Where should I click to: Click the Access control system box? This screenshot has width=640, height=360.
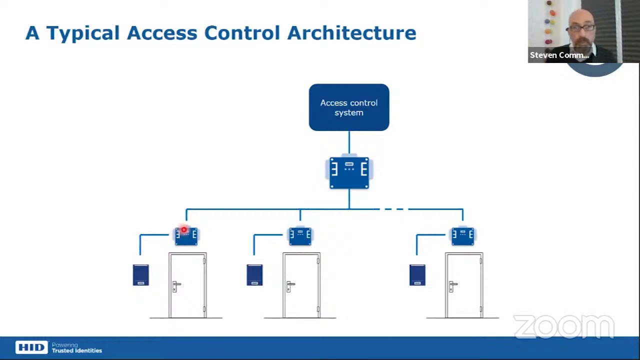pyautogui.click(x=349, y=107)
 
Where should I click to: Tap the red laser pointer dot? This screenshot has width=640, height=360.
pyautogui.click(x=184, y=230)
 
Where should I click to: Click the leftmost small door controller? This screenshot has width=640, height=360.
pyautogui.click(x=186, y=235)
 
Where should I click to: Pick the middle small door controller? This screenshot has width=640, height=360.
pyautogui.click(x=300, y=235)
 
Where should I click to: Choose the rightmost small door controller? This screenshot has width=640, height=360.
pyautogui.click(x=462, y=235)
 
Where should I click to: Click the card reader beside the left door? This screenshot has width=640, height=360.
pyautogui.click(x=141, y=275)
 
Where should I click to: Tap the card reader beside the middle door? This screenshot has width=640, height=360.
pyautogui.click(x=254, y=275)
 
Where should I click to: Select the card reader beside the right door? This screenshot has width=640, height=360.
pyautogui.click(x=417, y=275)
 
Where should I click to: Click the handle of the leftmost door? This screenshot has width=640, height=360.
pyautogui.click(x=176, y=286)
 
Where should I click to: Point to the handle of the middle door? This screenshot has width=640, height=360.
pyautogui.click(x=290, y=286)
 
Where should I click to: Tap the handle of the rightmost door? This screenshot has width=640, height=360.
pyautogui.click(x=452, y=286)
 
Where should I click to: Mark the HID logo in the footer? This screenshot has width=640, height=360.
pyautogui.click(x=31, y=347)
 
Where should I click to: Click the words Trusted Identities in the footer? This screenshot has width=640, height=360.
pyautogui.click(x=77, y=351)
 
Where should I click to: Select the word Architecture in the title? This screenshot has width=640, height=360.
pyautogui.click(x=351, y=33)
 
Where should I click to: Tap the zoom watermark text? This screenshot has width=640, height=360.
pyautogui.click(x=563, y=327)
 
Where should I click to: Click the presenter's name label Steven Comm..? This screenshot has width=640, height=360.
pyautogui.click(x=559, y=55)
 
